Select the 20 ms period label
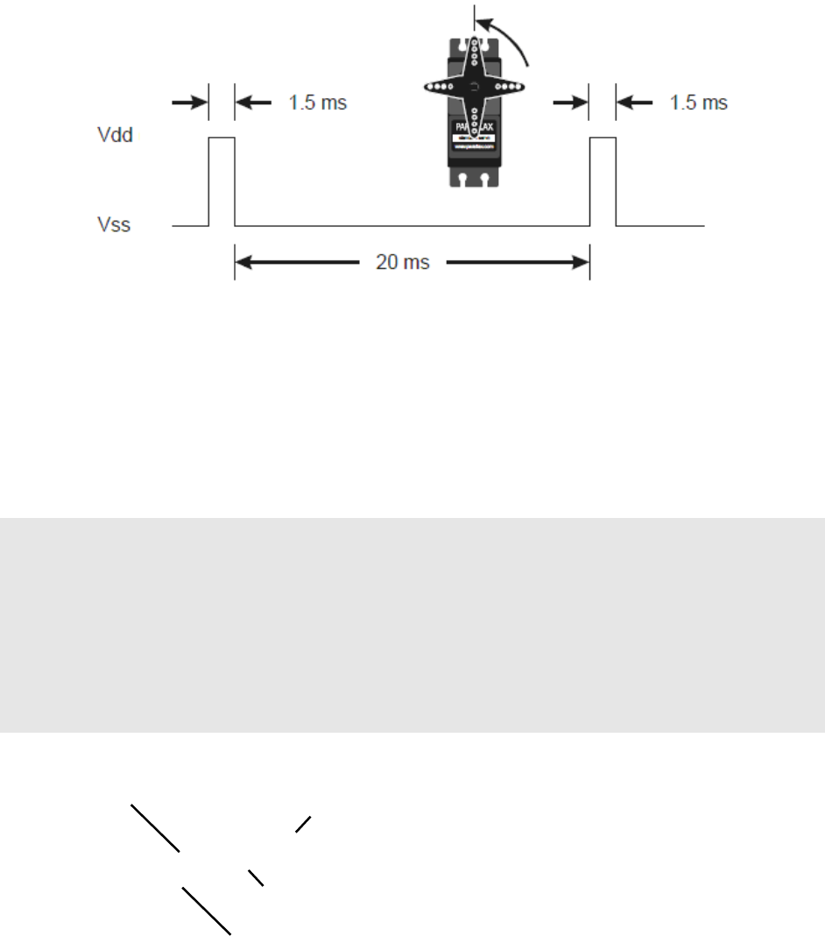402,262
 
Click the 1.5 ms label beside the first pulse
317,103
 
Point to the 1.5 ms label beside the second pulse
698,103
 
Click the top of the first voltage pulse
221,138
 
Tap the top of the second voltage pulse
603,138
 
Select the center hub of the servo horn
473,87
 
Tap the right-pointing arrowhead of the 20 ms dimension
577,262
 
